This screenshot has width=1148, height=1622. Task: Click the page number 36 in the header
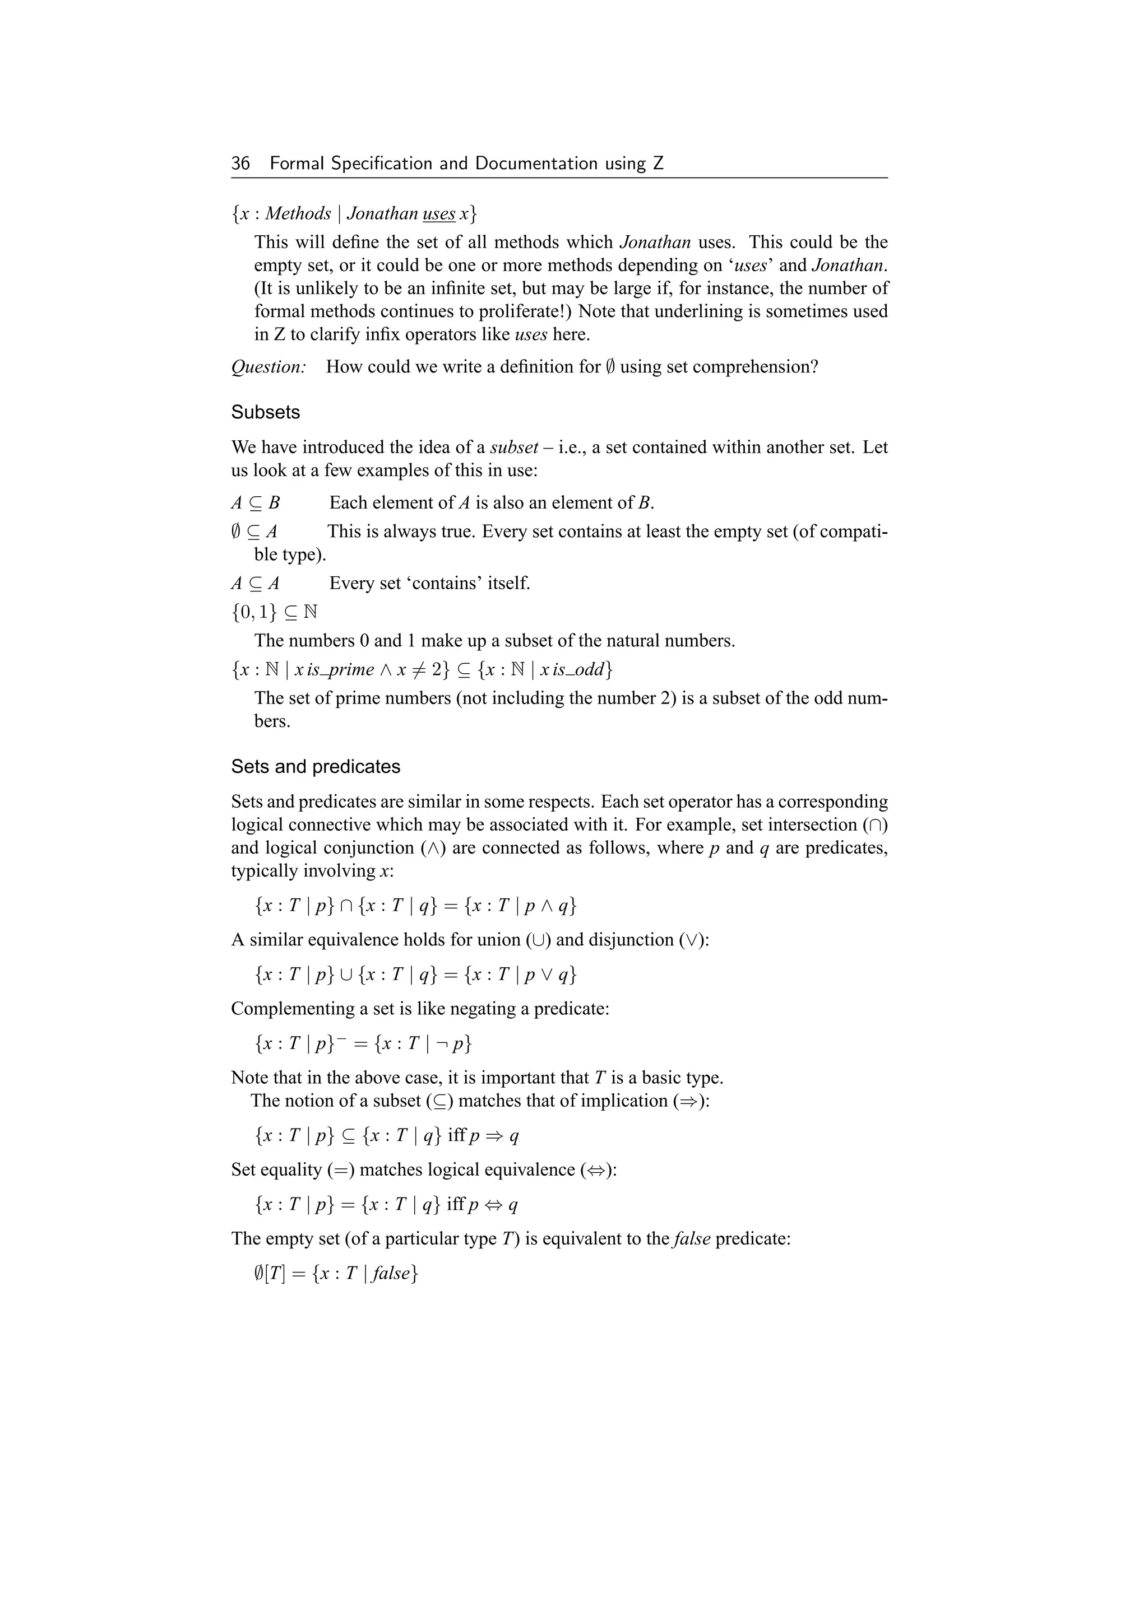click(x=240, y=164)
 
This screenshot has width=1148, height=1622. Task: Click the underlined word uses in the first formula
click(x=438, y=214)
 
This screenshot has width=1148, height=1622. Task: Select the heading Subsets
click(x=265, y=413)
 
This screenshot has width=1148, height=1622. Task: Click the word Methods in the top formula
click(x=298, y=214)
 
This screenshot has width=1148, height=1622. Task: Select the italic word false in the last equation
click(x=390, y=1274)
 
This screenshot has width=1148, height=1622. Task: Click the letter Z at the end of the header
click(x=658, y=164)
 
